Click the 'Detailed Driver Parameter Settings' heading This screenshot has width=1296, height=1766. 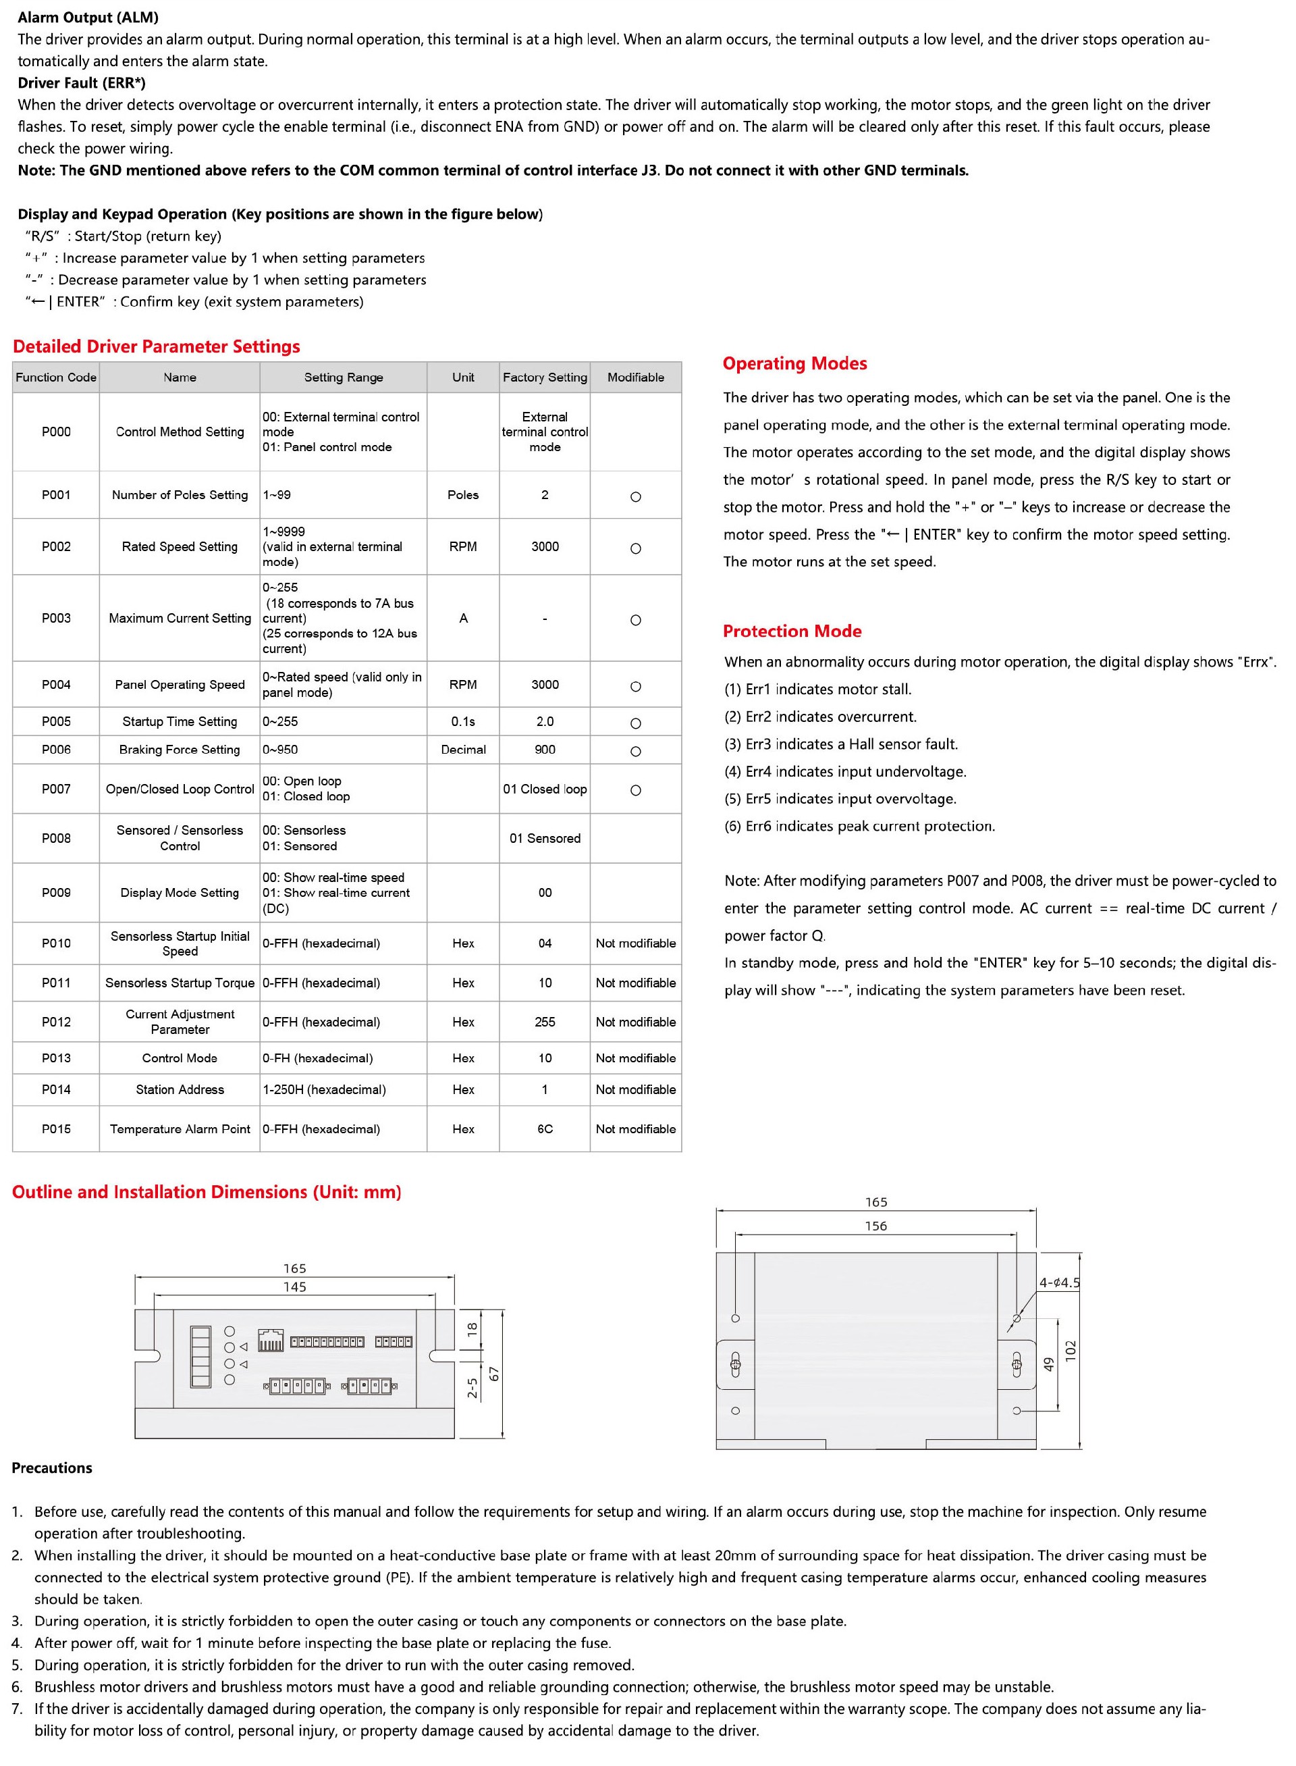point(156,346)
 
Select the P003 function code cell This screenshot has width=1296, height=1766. point(56,618)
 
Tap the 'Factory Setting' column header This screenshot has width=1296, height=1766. point(545,377)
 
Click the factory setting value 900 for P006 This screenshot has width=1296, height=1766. point(545,750)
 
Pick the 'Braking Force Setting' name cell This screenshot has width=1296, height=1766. point(180,750)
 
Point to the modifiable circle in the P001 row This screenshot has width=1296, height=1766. point(635,497)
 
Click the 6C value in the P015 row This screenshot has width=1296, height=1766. point(545,1128)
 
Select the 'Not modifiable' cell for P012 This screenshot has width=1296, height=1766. point(635,1022)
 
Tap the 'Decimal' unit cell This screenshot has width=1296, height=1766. point(463,750)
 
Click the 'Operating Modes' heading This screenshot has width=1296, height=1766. point(794,363)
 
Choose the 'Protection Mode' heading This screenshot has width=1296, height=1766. point(792,631)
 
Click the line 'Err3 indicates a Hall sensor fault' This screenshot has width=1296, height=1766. point(840,744)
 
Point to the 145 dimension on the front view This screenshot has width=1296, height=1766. point(295,1287)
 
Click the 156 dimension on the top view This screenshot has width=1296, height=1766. point(875,1226)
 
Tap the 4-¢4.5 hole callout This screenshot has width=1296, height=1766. point(1059,1282)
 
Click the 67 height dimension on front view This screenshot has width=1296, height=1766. point(494,1374)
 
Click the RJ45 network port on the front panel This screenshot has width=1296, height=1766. point(270,1341)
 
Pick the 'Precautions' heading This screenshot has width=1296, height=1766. point(52,1468)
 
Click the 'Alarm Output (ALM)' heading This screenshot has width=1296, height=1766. point(88,18)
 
